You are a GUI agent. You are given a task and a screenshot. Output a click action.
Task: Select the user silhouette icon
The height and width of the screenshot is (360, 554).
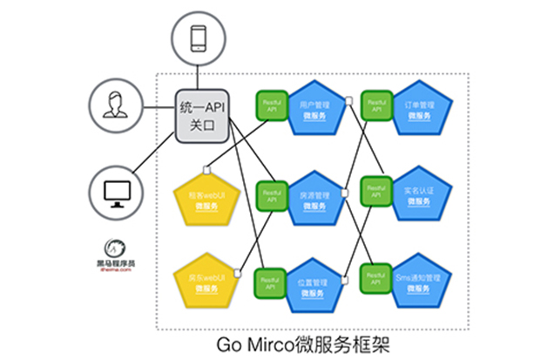coord(113,106)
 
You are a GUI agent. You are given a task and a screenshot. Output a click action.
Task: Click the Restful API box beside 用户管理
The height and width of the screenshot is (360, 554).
coord(272,105)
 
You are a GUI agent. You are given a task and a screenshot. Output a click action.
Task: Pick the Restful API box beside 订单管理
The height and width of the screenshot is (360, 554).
coord(376,105)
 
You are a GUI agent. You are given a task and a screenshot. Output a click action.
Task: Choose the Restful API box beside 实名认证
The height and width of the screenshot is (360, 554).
coord(376,192)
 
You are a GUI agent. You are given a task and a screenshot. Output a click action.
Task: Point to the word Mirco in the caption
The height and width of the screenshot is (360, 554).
coord(285,341)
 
